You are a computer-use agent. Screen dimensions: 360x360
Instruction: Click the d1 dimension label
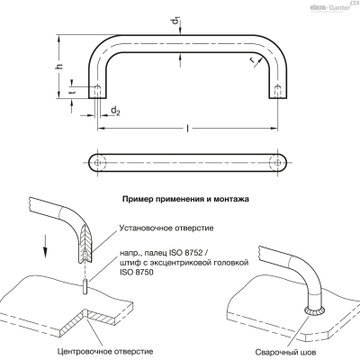tap(177, 22)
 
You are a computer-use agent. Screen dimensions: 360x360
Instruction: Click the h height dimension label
tap(60, 67)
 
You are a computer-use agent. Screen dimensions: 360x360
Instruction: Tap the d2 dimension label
tap(115, 112)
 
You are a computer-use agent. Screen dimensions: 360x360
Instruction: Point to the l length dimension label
tap(188, 129)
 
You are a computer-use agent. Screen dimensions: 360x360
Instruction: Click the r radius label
tap(253, 60)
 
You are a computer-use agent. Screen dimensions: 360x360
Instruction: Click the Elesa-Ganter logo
tap(331, 7)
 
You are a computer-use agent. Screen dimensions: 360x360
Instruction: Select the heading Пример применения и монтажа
tap(185, 199)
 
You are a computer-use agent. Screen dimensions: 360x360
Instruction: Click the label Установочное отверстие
tap(166, 228)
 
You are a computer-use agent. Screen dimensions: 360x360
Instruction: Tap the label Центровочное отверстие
tap(105, 351)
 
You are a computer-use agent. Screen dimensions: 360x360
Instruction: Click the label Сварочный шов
tap(285, 352)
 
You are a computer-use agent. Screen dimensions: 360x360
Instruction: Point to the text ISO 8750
tap(136, 273)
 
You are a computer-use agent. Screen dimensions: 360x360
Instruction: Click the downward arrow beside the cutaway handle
tap(45, 246)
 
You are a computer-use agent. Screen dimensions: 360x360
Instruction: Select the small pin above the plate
tap(85, 287)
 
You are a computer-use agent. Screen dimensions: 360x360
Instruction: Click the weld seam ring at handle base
tap(315, 312)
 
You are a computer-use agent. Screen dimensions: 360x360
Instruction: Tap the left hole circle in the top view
tap(97, 163)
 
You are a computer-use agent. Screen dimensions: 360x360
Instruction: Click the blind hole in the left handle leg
tap(97, 90)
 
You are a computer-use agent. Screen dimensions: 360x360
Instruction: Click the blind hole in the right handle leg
tap(278, 90)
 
